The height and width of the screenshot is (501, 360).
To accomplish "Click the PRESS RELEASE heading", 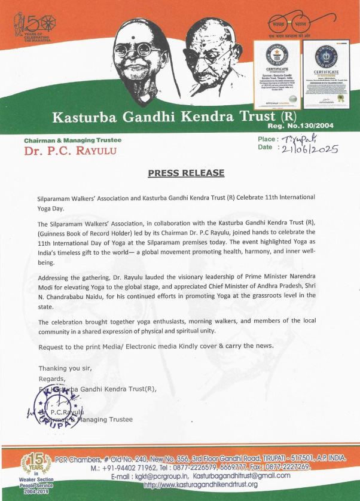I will click(x=186, y=173).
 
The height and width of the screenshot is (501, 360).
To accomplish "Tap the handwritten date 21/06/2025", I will click(x=310, y=149).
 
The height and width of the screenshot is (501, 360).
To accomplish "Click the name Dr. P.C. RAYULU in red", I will click(x=61, y=151).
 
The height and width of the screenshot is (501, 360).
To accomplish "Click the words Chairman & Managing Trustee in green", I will click(x=72, y=140).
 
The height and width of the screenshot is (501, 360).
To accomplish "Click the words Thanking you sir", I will click(x=65, y=368).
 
